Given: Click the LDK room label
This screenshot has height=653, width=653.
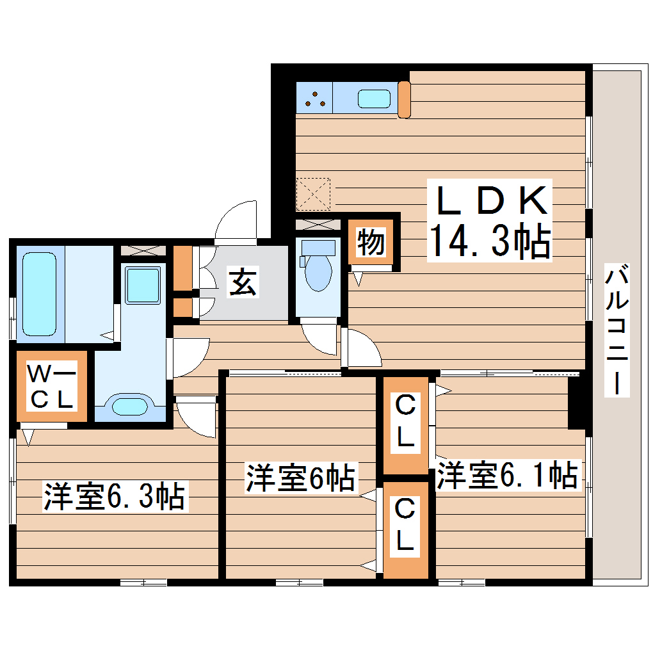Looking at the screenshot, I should coord(492,200).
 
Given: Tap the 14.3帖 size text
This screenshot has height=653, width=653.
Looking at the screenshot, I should coord(490,241).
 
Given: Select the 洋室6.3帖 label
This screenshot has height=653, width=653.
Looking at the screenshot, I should coord(115,497).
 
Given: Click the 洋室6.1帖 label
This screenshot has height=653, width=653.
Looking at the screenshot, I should coord(507,476).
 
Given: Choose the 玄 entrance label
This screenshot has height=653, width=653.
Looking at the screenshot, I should coord(243,282).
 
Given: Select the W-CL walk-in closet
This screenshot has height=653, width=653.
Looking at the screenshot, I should coord(51,386).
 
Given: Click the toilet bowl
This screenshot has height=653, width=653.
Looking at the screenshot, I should coord(318,272).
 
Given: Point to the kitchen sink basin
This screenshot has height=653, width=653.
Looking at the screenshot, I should coord(374,99).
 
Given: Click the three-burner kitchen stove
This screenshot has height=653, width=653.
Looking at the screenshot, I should coord(314,98).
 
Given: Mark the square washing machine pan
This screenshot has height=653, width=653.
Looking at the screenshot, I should coord(142,285).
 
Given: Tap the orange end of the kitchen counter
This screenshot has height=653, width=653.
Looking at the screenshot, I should coord(404,99).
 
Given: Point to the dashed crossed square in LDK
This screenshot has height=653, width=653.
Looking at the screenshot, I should coord(314,194).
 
